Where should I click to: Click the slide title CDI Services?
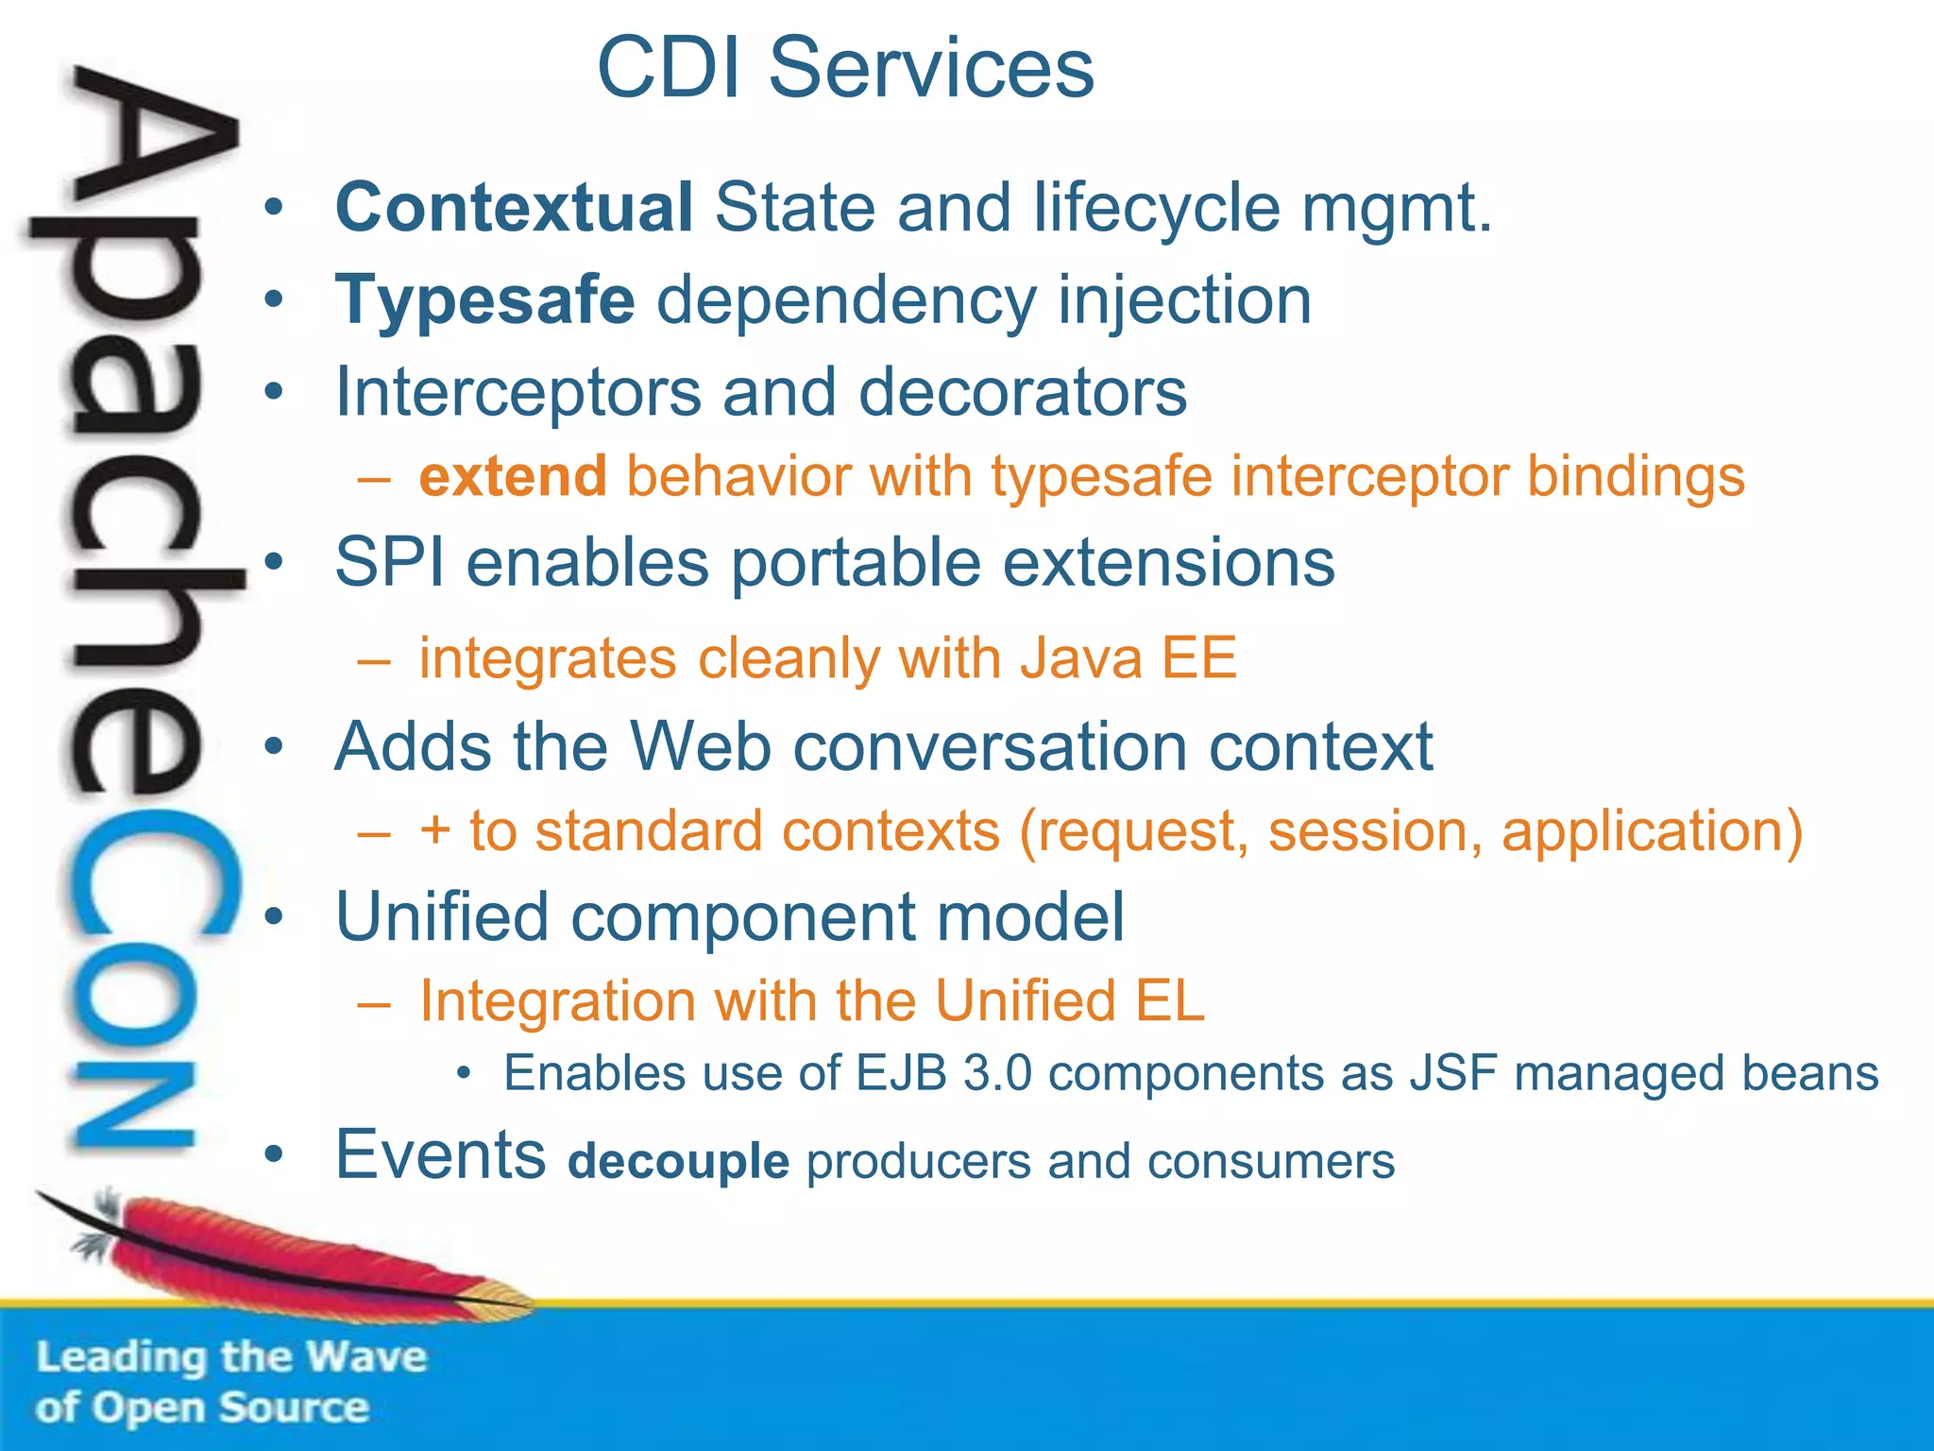click(x=845, y=68)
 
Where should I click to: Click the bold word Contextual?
click(x=515, y=208)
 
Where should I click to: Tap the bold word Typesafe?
click(x=485, y=300)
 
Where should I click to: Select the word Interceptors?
click(x=518, y=392)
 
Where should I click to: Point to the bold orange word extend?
click(x=513, y=476)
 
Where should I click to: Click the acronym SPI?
click(x=390, y=563)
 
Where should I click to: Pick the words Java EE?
click(x=1128, y=658)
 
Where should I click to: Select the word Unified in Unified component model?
click(x=442, y=917)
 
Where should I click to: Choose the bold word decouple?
click(x=678, y=1162)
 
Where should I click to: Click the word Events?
click(x=441, y=1155)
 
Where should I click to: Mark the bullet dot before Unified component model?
click(x=274, y=917)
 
